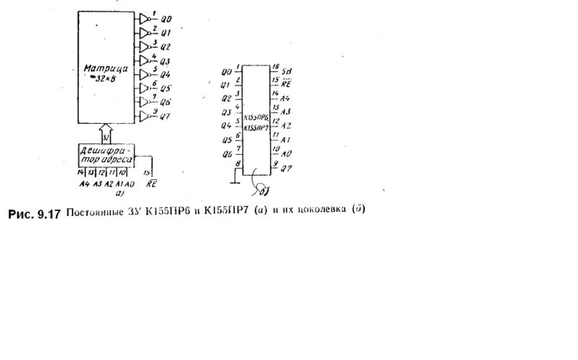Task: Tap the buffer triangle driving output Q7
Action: [x=145, y=117]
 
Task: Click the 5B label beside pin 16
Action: [x=286, y=71]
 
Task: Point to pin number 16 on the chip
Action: [x=275, y=67]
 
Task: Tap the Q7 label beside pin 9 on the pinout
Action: [x=286, y=169]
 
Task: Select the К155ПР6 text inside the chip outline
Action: [x=256, y=117]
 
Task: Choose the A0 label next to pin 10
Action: [x=286, y=153]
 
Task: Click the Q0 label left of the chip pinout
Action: [x=226, y=72]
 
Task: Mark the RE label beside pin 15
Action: [x=286, y=84]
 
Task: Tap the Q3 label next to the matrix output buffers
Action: [x=165, y=61]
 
